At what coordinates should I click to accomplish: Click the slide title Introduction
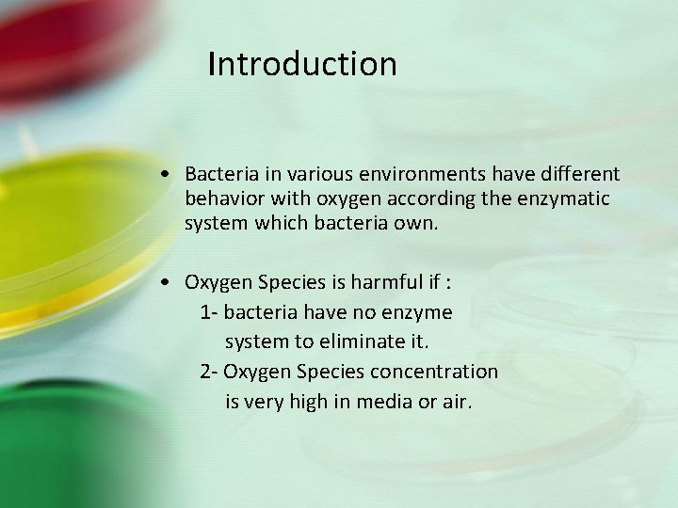pyautogui.click(x=302, y=65)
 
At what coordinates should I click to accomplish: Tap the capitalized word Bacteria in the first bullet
pyautogui.click(x=218, y=174)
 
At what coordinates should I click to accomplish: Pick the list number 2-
pyautogui.click(x=210, y=372)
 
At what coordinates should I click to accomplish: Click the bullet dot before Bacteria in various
pyautogui.click(x=166, y=175)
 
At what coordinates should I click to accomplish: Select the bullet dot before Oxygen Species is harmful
pyautogui.click(x=166, y=282)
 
